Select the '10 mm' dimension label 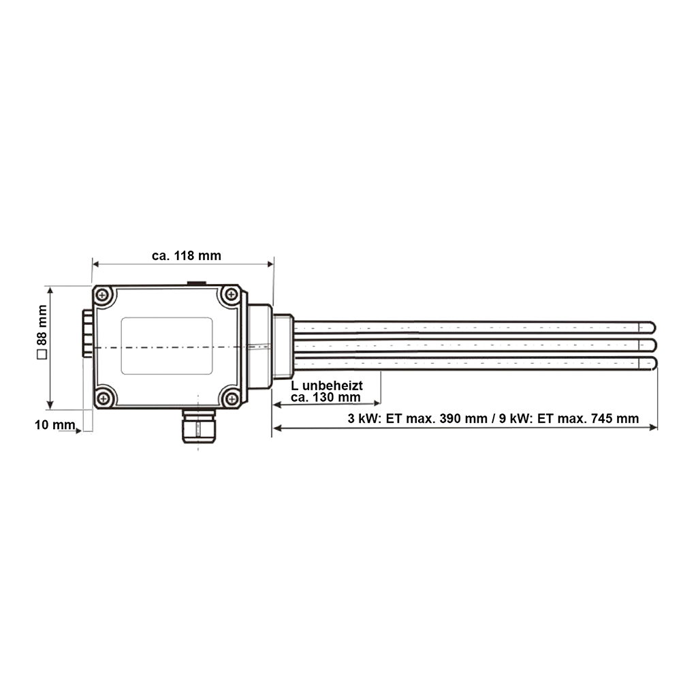point(54,425)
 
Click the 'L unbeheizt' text point(326,385)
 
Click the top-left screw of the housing point(104,296)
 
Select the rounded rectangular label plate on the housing point(167,345)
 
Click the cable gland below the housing point(197,427)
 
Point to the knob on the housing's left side point(86,333)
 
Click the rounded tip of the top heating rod point(652,327)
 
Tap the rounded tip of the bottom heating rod point(652,363)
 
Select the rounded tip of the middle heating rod point(652,345)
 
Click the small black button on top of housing point(197,283)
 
